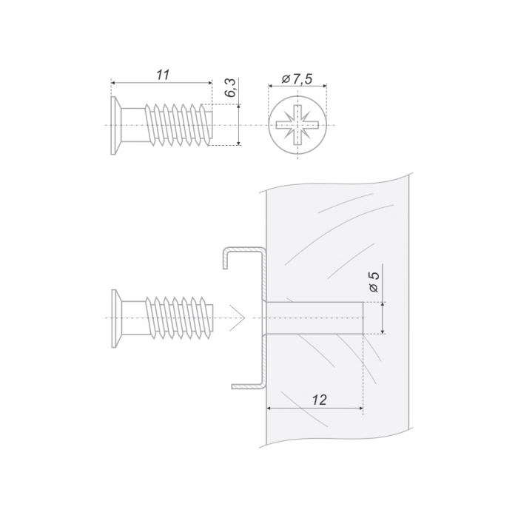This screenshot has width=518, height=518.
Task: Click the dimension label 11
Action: [163, 75]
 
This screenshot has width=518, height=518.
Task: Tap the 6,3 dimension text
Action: [230, 88]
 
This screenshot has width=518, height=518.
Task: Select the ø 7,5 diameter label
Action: [297, 79]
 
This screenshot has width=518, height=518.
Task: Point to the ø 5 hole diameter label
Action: [374, 282]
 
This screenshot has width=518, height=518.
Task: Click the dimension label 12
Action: [320, 400]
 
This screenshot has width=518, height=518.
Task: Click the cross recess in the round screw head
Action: [297, 125]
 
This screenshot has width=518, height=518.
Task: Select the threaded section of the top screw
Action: [178, 125]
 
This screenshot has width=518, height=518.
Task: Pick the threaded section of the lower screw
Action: [179, 318]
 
